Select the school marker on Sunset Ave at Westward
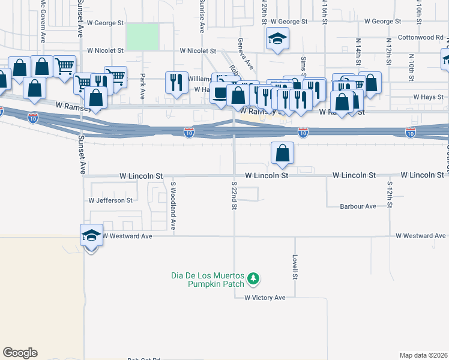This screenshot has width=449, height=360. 91,236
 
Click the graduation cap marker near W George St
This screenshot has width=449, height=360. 276,40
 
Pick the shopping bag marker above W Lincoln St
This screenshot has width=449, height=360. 282,154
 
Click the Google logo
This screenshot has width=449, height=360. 20,353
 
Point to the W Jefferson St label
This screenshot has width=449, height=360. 110,200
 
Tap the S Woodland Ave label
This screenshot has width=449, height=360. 173,207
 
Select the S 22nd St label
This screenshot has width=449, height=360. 234,194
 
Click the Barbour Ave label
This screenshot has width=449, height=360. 358,206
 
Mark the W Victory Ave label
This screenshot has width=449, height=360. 265,298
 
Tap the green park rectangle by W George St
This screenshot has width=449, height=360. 142,36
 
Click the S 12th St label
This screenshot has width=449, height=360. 390,194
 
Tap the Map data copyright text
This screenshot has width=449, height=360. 423,355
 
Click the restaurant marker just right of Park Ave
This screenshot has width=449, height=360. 176,82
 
